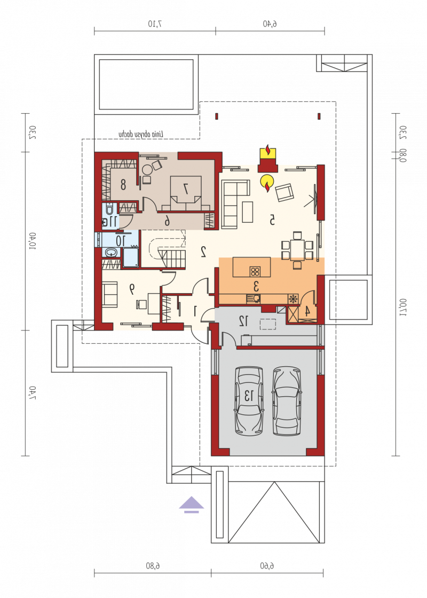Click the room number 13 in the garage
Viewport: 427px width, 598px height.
click(x=249, y=396)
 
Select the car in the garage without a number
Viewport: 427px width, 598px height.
click(x=286, y=400)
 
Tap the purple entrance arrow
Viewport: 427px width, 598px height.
click(x=192, y=505)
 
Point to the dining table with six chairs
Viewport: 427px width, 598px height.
click(x=297, y=250)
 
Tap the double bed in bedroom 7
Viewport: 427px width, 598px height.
click(x=186, y=193)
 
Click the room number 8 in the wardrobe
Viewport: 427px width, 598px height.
click(x=123, y=185)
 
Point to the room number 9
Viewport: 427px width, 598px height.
click(x=131, y=289)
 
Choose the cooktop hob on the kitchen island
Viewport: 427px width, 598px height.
click(x=255, y=272)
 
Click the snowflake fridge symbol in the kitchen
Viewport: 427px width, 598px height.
click(x=293, y=298)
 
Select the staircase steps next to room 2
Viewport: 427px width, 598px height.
click(x=172, y=258)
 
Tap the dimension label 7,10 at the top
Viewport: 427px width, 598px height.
click(x=155, y=23)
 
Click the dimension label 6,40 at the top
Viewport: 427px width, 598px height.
click(x=270, y=23)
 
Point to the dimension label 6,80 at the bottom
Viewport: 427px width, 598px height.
click(x=153, y=565)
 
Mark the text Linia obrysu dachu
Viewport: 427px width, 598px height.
click(x=141, y=134)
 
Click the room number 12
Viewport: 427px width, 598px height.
click(x=243, y=321)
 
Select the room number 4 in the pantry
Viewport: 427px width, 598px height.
click(x=307, y=311)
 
